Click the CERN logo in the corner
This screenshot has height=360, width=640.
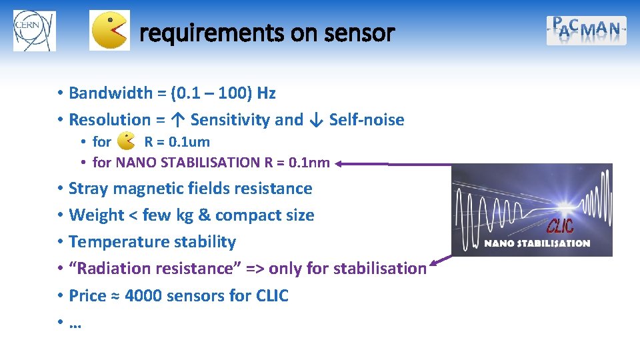tap(34, 31)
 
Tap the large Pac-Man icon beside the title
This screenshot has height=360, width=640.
tap(109, 31)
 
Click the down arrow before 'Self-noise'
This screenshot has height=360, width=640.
tap(316, 120)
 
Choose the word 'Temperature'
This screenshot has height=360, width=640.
tap(113, 242)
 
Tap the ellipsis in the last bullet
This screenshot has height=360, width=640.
tap(75, 323)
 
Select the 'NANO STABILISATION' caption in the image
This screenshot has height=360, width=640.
tap(537, 243)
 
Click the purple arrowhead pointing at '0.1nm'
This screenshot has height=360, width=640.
tap(341, 163)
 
